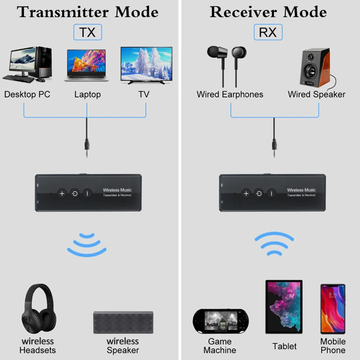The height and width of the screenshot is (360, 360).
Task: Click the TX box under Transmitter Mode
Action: (87, 32)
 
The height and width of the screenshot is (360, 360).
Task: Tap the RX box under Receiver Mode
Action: (268, 32)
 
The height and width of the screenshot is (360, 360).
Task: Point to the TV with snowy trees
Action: (147, 65)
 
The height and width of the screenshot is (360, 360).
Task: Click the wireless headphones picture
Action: (39, 309)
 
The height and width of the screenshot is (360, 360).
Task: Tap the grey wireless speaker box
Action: (123, 322)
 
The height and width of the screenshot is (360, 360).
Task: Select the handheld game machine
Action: (221, 321)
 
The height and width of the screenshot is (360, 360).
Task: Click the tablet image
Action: (284, 307)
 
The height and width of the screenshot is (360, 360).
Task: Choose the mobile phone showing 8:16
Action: (333, 309)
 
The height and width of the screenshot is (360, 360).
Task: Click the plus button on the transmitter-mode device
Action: (62, 194)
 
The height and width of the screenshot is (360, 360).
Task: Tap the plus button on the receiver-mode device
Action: (246, 194)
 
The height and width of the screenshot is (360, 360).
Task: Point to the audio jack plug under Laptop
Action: (87, 147)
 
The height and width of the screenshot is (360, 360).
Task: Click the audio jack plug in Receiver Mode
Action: (274, 147)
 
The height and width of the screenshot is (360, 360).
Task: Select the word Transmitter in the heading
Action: (63, 12)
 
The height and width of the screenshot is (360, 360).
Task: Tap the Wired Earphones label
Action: (230, 94)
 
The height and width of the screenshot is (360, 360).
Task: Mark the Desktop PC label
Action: (27, 94)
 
